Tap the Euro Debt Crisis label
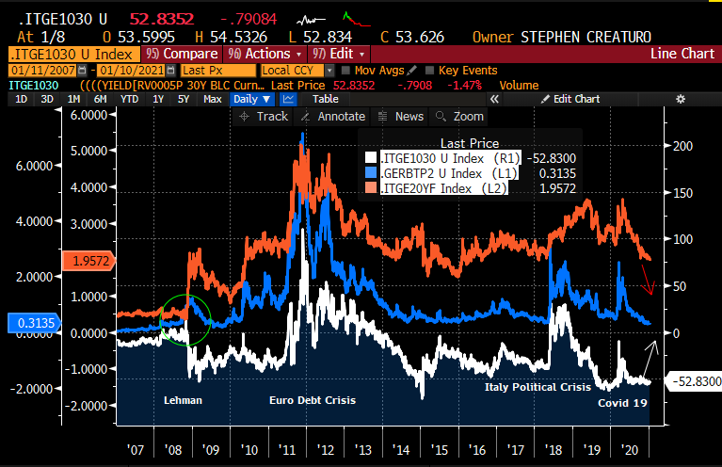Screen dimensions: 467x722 tap(314, 400)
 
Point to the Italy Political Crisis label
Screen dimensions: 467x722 tap(537, 387)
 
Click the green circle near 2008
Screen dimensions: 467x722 tap(186, 319)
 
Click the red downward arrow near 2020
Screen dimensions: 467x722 tap(649, 278)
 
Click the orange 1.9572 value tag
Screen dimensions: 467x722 tap(88, 260)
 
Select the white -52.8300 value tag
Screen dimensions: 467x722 tap(692, 380)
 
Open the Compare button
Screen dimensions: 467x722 tap(183, 54)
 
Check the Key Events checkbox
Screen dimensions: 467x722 tap(430, 71)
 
